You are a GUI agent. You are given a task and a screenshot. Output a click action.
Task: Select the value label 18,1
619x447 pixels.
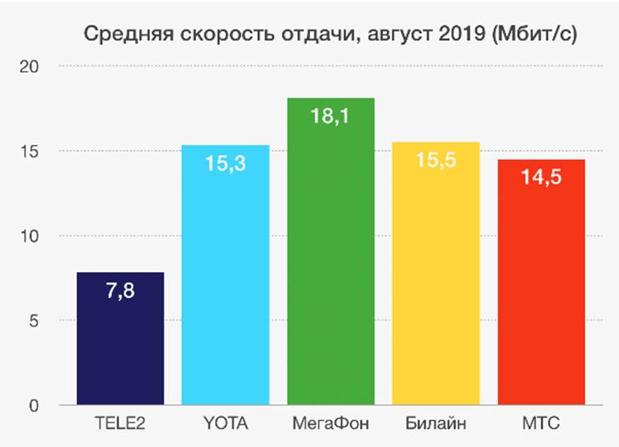(331, 117)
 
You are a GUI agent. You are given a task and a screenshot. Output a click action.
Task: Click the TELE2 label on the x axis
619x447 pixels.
(120, 425)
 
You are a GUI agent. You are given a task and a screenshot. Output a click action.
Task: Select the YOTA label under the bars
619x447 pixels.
(226, 425)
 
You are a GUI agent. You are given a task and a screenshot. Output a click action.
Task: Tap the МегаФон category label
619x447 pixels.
(331, 425)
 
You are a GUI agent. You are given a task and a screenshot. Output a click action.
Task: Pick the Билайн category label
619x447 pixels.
(436, 425)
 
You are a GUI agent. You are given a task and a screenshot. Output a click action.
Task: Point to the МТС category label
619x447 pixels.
(542, 425)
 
